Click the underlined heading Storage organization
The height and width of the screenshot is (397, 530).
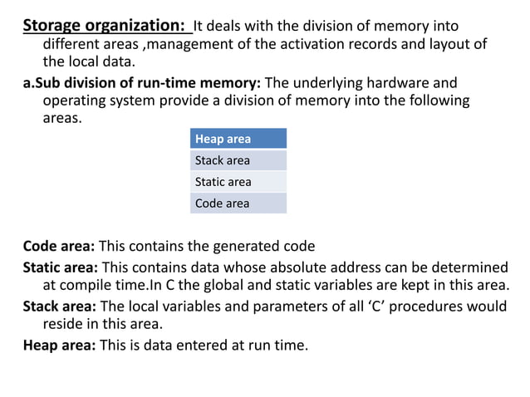103,25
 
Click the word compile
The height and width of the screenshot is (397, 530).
86,286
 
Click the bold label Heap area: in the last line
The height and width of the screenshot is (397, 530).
59,344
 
